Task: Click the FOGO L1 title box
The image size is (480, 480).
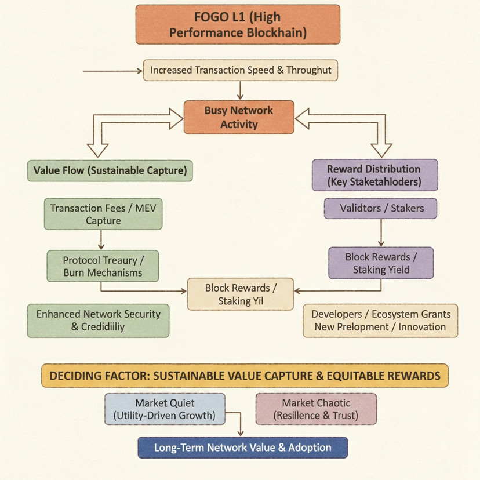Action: pyautogui.click(x=238, y=24)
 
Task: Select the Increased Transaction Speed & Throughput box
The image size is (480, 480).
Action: pyautogui.click(x=241, y=70)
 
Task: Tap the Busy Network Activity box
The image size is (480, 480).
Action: pyautogui.click(x=239, y=117)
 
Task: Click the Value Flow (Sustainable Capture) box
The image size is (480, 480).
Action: pyautogui.click(x=109, y=170)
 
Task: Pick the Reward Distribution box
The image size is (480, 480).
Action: pyautogui.click(x=374, y=175)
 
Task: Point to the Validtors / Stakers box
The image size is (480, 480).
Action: pyautogui.click(x=380, y=208)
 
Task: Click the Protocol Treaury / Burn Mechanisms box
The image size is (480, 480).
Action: pyautogui.click(x=103, y=266)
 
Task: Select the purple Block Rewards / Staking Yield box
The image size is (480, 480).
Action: pyautogui.click(x=381, y=263)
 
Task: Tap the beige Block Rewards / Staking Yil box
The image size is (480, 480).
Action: pyautogui.click(x=241, y=294)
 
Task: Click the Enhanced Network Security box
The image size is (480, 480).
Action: pyautogui.click(x=99, y=320)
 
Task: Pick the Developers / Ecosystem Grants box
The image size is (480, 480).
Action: pyautogui.click(x=380, y=320)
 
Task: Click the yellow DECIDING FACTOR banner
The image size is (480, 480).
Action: pyautogui.click(x=245, y=376)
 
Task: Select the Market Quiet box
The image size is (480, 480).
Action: pyautogui.click(x=165, y=409)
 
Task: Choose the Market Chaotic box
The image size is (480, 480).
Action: pyautogui.click(x=316, y=409)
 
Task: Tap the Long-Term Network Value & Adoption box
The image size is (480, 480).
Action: pyautogui.click(x=242, y=448)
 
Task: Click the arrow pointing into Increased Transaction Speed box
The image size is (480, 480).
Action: pyautogui.click(x=113, y=71)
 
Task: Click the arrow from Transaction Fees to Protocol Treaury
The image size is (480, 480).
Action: pyautogui.click(x=101, y=239)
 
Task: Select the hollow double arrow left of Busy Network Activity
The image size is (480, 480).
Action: pyautogui.click(x=130, y=125)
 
